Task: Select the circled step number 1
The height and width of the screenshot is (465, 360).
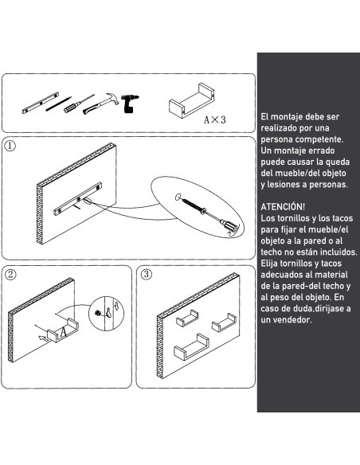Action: (10, 147)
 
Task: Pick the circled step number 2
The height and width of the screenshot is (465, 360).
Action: (10, 275)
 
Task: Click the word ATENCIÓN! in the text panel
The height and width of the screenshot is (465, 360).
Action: (282, 205)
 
